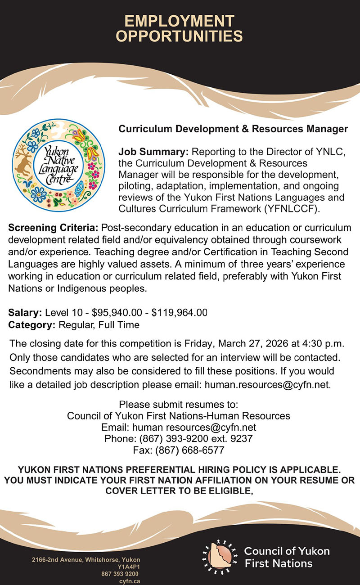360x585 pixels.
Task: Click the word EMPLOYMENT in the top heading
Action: pos(179,21)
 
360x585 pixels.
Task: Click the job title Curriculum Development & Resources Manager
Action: pos(233,129)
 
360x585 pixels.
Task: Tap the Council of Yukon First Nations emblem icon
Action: pos(220,557)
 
